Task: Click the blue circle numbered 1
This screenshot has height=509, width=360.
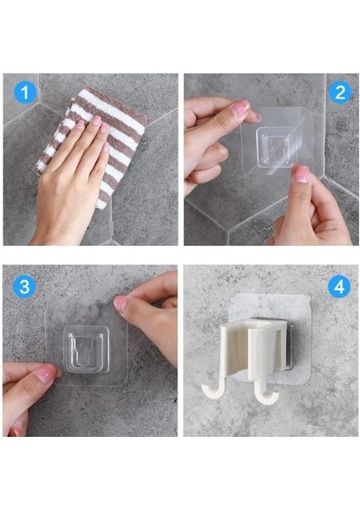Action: click(x=25, y=92)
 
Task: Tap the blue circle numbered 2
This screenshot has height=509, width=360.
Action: click(x=340, y=92)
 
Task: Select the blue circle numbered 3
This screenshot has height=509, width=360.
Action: click(x=25, y=287)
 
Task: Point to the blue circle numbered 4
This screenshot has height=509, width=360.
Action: click(x=340, y=287)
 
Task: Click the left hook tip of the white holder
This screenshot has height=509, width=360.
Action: click(x=207, y=391)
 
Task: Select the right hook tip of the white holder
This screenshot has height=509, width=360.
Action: click(x=273, y=399)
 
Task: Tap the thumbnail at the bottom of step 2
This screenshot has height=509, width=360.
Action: click(x=301, y=175)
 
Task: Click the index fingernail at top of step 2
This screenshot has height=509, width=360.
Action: click(x=241, y=108)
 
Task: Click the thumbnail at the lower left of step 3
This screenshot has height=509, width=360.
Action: click(x=46, y=374)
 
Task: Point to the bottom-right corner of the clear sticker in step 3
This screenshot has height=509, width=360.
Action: click(x=125, y=383)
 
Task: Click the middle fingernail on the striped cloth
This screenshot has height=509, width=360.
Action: click(x=96, y=120)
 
